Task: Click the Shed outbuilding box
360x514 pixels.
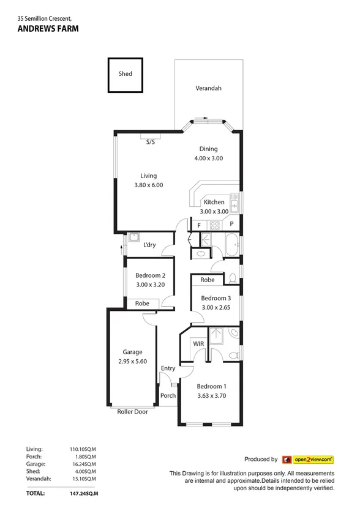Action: click(x=126, y=74)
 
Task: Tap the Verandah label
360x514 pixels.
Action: click(x=208, y=88)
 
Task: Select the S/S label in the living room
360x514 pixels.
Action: click(x=150, y=142)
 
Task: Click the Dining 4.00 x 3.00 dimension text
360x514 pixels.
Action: click(x=208, y=158)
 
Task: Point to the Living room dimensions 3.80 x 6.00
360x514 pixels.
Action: click(x=148, y=185)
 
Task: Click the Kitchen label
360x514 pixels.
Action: click(x=214, y=202)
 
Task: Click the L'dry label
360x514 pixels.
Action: click(x=149, y=245)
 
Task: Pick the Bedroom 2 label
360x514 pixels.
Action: click(x=150, y=275)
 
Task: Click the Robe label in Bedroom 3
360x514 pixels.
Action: click(x=208, y=280)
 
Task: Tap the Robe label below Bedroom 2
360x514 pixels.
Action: click(x=142, y=303)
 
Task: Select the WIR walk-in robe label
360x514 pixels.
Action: click(x=198, y=344)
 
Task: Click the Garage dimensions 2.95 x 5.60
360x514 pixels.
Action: click(x=132, y=361)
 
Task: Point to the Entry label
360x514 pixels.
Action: click(x=168, y=368)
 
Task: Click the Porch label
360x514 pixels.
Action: click(x=168, y=395)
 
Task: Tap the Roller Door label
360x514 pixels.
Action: click(x=132, y=412)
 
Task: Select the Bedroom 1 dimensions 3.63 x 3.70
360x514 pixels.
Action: click(x=211, y=396)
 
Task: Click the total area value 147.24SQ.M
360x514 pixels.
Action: click(x=84, y=493)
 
